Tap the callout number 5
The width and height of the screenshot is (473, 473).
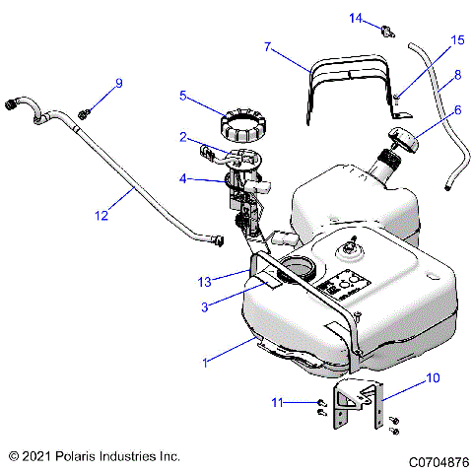pyautogui.click(x=182, y=96)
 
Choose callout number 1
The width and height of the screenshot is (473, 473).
pyautogui.click(x=205, y=363)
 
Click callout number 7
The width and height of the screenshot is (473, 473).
pyautogui.click(x=268, y=45)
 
